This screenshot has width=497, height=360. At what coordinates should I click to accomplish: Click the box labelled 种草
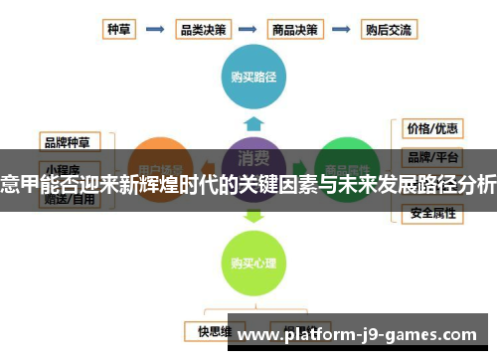[x=120, y=29]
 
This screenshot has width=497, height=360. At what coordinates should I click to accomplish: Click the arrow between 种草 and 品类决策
[x=156, y=29]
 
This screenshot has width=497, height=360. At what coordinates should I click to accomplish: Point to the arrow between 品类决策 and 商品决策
[x=250, y=29]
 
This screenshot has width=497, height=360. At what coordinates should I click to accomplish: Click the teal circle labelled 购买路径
[x=253, y=75]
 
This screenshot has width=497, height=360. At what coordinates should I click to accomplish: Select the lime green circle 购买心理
[x=252, y=264]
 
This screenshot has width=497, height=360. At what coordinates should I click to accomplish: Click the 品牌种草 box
[x=69, y=139]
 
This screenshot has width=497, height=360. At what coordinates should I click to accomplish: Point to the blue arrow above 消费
[x=253, y=123]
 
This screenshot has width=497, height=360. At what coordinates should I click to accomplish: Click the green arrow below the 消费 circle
[x=253, y=212]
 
